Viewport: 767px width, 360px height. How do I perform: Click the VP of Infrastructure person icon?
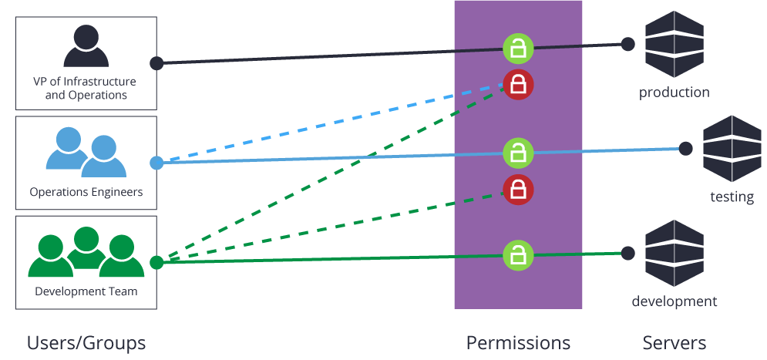pyautogui.click(x=86, y=46)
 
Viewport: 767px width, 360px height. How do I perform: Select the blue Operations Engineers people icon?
pyautogui.click(x=86, y=151)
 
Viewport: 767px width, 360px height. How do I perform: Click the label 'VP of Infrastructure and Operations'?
pyautogui.click(x=86, y=89)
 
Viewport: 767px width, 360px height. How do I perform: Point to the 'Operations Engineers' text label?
pyautogui.click(x=86, y=192)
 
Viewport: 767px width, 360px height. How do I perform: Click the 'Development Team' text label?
pyautogui.click(x=86, y=291)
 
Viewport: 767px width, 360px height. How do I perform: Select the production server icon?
pyautogui.click(x=674, y=44)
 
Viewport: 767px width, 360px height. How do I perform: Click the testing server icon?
pyautogui.click(x=732, y=148)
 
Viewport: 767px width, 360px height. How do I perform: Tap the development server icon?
pyautogui.click(x=674, y=253)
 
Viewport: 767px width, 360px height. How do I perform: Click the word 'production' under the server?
pyautogui.click(x=674, y=93)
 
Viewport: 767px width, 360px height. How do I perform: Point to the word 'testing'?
pyautogui.click(x=732, y=197)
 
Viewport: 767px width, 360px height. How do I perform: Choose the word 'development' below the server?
pyautogui.click(x=674, y=301)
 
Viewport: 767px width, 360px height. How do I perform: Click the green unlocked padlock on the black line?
pyautogui.click(x=519, y=49)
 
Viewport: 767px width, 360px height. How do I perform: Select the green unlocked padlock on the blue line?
pyautogui.click(x=519, y=152)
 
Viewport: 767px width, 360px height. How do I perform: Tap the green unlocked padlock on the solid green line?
pyautogui.click(x=519, y=254)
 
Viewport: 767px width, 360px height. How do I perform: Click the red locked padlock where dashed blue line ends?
pyautogui.click(x=519, y=84)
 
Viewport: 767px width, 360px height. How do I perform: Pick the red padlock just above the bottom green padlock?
pyautogui.click(x=519, y=189)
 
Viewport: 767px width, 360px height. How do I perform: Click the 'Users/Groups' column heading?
pyautogui.click(x=86, y=342)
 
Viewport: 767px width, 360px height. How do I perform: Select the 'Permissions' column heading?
pyautogui.click(x=518, y=342)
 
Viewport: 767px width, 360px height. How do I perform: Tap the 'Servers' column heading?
pyautogui.click(x=674, y=342)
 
